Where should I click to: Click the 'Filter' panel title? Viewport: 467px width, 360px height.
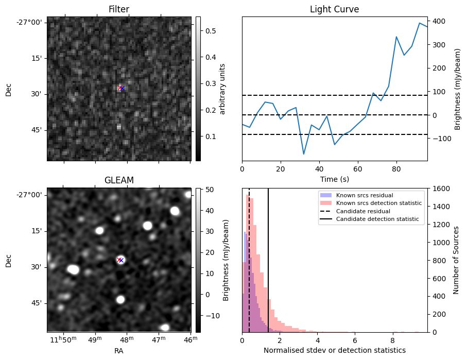118,9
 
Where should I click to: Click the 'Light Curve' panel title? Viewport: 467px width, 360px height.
334,9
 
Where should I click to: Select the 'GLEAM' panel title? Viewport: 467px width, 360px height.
118,180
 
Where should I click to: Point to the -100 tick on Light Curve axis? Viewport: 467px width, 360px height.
441,139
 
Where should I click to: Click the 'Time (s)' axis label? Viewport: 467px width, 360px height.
334,178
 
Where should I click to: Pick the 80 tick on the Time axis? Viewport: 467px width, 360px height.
396,168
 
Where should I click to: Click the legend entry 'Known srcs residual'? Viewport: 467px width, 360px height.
365,196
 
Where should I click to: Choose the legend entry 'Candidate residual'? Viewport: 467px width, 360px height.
363,212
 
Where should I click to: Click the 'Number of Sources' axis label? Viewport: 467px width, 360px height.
456,260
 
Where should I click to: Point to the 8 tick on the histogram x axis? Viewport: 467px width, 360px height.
392,340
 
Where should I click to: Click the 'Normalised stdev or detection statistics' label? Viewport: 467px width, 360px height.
334,350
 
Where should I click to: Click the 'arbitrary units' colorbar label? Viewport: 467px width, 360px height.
222,89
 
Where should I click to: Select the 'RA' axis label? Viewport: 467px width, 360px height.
118,350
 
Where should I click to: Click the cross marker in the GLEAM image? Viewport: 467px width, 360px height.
120,260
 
